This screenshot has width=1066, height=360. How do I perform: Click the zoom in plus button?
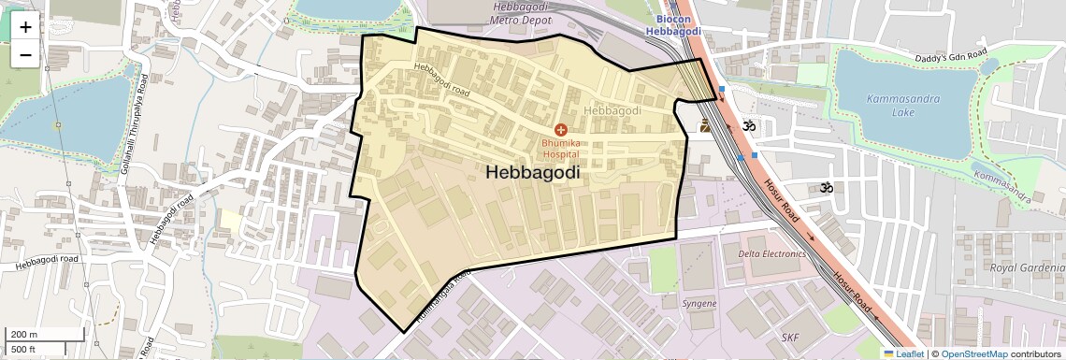pyautogui.click(x=25, y=27)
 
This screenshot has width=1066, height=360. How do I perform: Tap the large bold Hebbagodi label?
pyautogui.click(x=532, y=173)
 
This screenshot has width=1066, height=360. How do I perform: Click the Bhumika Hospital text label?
pyautogui.click(x=560, y=148)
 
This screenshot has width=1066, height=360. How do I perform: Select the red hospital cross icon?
pyautogui.click(x=560, y=129)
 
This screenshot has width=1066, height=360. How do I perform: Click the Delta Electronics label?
pyautogui.click(x=771, y=253)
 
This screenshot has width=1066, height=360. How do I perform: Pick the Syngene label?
pyautogui.click(x=699, y=304)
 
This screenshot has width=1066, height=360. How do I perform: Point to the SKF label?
pyautogui.click(x=791, y=336)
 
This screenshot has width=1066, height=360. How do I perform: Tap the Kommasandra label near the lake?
pyautogui.click(x=1001, y=183)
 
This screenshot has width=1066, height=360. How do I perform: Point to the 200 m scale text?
pyautogui.click(x=23, y=335)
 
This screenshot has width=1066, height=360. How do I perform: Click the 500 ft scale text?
pyautogui.click(x=22, y=350)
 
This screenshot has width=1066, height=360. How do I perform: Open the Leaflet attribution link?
pyautogui.click(x=903, y=353)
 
